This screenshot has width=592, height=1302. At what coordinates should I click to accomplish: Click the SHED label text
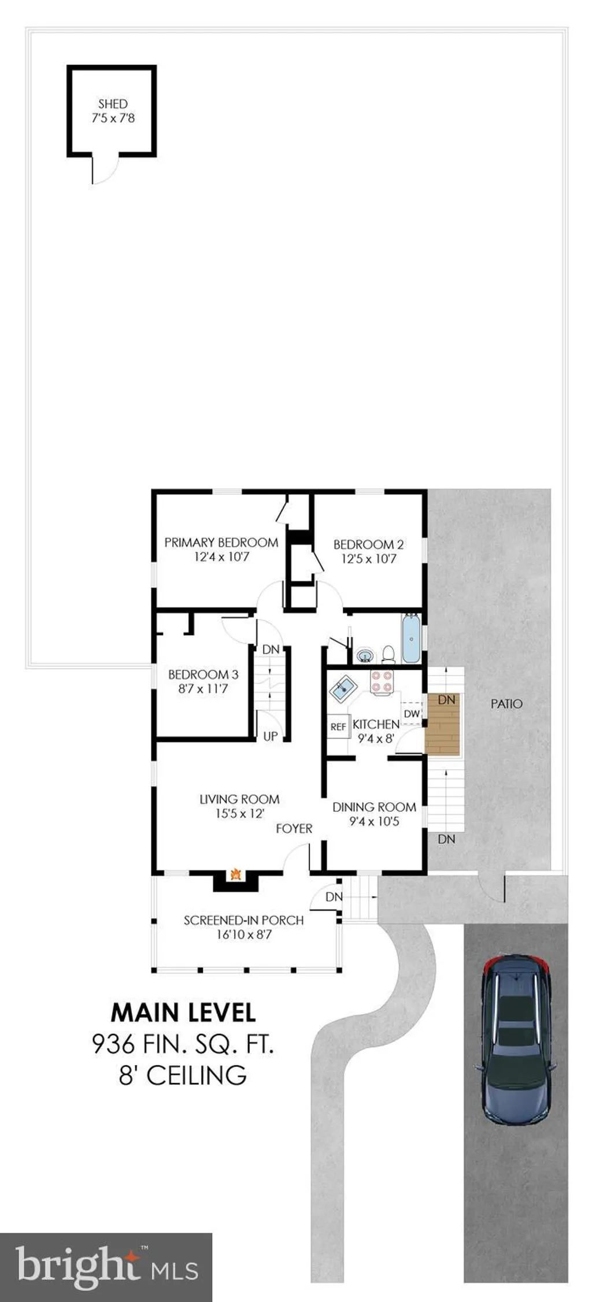pyautogui.click(x=113, y=104)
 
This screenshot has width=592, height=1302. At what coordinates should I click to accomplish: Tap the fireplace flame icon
pyautogui.click(x=235, y=874)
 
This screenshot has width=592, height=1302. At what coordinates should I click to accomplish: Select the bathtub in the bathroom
pyautogui.click(x=411, y=639)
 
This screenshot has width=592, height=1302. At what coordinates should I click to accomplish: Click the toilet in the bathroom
pyautogui.click(x=388, y=654)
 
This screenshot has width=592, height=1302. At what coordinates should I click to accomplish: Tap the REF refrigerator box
pyautogui.click(x=338, y=727)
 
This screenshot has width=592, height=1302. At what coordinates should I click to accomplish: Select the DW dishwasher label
pyautogui.click(x=412, y=714)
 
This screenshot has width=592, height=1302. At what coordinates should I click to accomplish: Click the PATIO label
pyautogui.click(x=506, y=704)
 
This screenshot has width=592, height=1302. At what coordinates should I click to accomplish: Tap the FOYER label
pyautogui.click(x=294, y=829)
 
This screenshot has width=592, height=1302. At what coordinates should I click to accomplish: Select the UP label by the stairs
pyautogui.click(x=271, y=736)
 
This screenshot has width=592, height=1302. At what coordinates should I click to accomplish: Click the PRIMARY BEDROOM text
pyautogui.click(x=221, y=543)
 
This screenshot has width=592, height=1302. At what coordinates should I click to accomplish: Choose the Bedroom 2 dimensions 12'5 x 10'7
pyautogui.click(x=369, y=559)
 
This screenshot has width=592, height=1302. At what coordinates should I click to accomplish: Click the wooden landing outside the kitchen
pyautogui.click(x=442, y=723)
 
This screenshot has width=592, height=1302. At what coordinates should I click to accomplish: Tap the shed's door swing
pyautogui.click(x=105, y=170)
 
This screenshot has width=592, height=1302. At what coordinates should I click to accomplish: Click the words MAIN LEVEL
pyautogui.click(x=183, y=1012)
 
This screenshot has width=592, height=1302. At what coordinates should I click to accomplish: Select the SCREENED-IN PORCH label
pyautogui.click(x=243, y=920)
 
